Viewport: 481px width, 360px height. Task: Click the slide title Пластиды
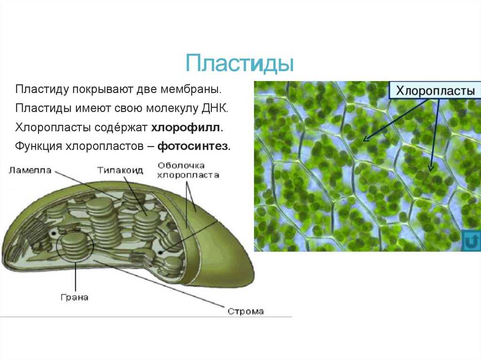click(240, 63)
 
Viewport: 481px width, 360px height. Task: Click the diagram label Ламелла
click(30, 170)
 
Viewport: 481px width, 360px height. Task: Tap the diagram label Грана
click(75, 297)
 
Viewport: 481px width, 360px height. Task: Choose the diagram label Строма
click(246, 311)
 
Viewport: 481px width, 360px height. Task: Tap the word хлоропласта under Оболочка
click(188, 176)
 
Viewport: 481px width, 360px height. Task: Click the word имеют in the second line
click(89, 108)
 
